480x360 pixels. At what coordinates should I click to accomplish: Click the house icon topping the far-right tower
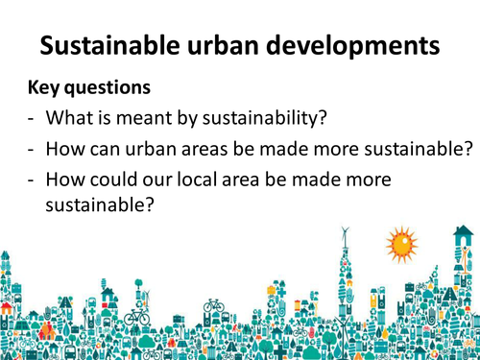(465, 232)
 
